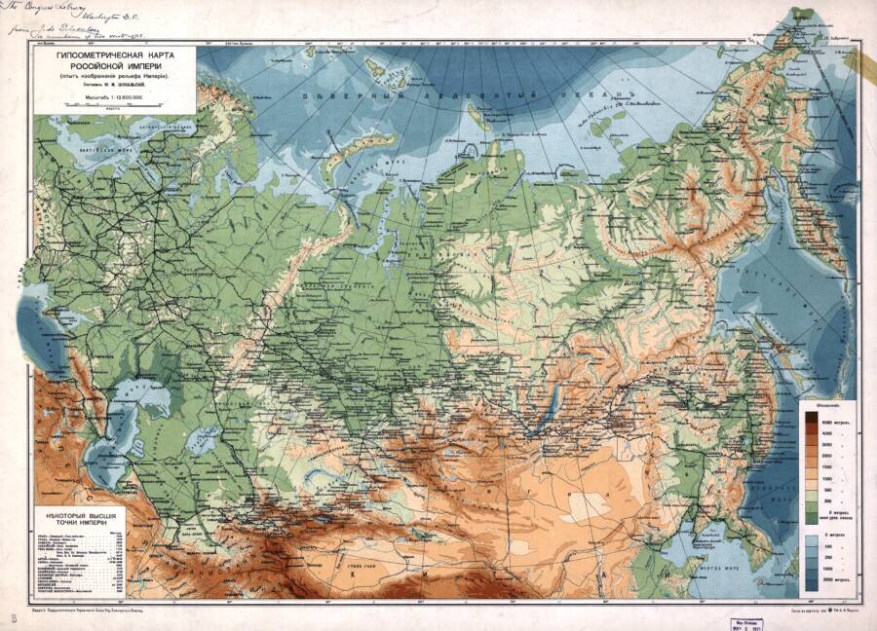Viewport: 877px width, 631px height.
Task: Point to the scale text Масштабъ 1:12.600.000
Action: click(114, 97)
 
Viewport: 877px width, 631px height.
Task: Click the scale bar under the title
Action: click(114, 107)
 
